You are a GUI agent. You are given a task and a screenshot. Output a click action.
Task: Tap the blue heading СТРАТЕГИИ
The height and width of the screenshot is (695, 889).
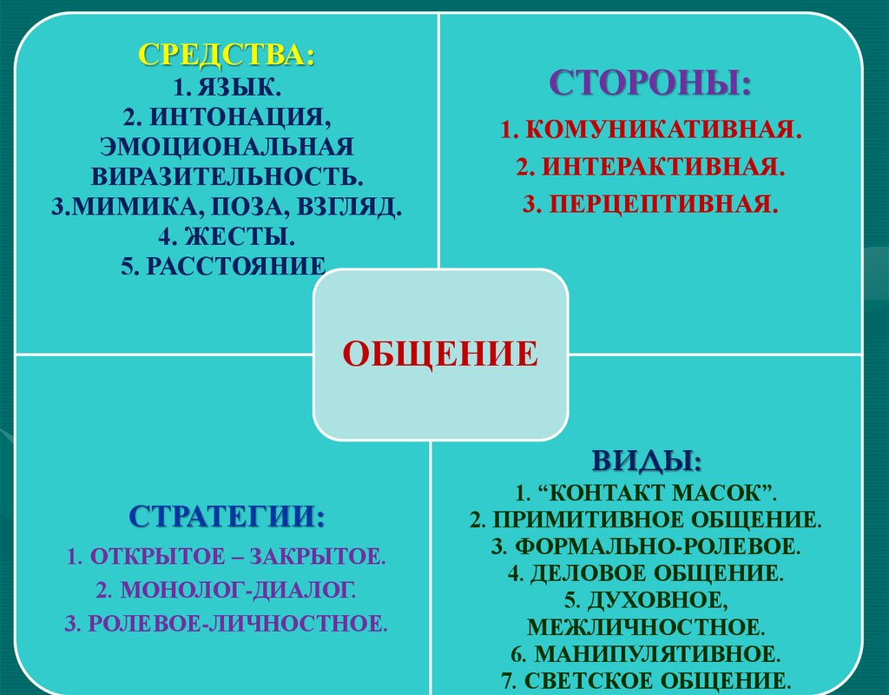[x=227, y=515]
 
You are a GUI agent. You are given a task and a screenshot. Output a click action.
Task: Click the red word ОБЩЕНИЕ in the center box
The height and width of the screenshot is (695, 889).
[x=440, y=354]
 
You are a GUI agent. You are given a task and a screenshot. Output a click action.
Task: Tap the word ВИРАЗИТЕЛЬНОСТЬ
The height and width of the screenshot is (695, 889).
[x=227, y=174]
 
